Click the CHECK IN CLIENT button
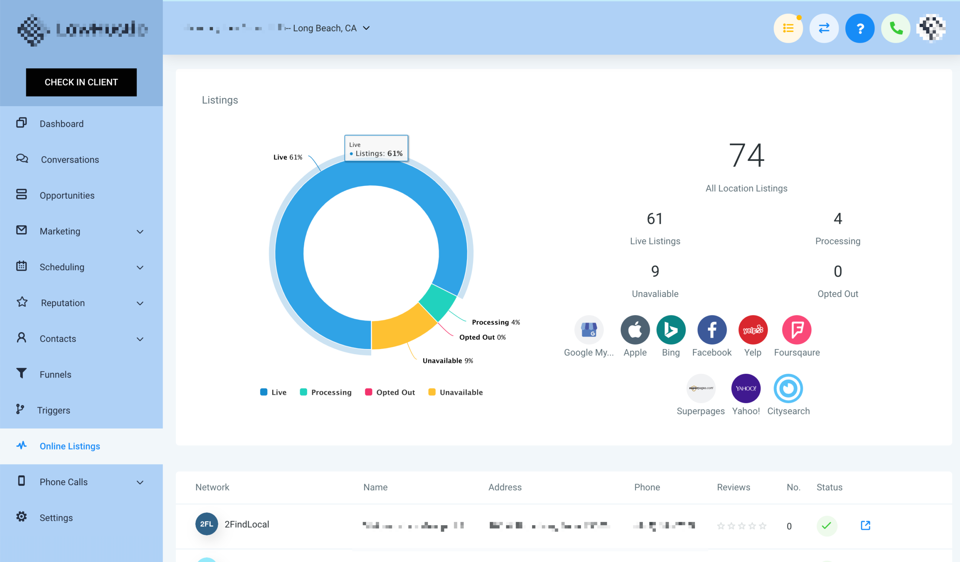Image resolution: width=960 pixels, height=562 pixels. tap(81, 82)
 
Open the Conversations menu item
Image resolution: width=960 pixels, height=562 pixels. tap(70, 160)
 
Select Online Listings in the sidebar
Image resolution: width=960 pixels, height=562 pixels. tap(70, 446)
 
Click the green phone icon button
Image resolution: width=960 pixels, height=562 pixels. tap(895, 28)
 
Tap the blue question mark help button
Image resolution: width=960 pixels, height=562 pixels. tap(859, 28)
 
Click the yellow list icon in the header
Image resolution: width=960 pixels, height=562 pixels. tap(788, 28)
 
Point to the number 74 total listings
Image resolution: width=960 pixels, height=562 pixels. tap(746, 155)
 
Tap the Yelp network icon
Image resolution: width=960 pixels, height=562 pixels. tap(753, 330)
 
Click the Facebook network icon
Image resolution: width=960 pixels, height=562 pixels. tap(712, 330)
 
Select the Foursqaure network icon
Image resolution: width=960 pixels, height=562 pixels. tap(796, 330)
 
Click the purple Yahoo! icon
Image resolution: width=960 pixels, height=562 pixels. tap(745, 388)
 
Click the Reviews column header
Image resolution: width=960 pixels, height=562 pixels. tap(733, 487)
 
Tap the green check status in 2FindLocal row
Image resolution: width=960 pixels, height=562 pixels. tap(826, 526)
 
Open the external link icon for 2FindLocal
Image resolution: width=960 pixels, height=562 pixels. tap(865, 526)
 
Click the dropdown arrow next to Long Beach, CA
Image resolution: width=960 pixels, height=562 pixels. tap(366, 28)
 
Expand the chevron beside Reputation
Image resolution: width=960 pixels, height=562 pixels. tap(140, 303)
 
